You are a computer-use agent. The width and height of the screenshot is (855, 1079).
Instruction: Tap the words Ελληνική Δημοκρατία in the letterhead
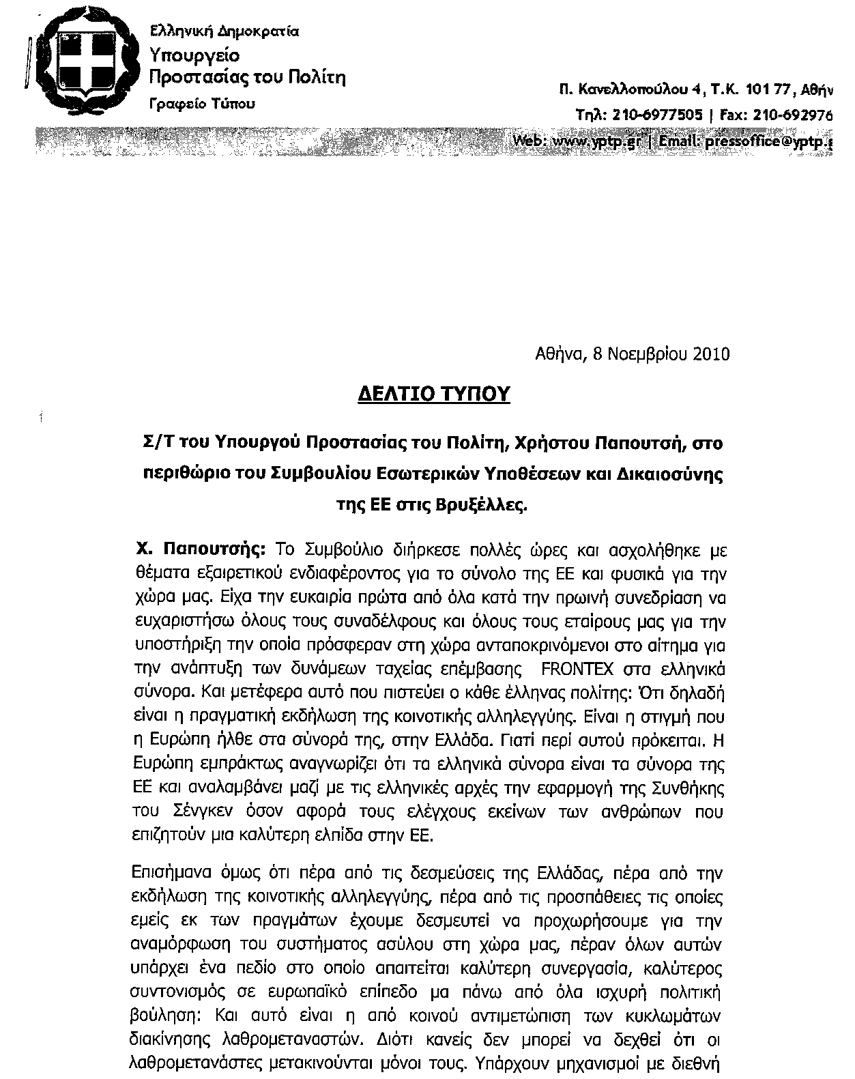tap(224, 31)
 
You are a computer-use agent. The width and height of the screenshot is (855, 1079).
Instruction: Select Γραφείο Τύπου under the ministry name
tap(203, 104)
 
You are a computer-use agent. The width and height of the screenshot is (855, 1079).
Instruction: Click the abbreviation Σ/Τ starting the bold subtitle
tap(151, 444)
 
